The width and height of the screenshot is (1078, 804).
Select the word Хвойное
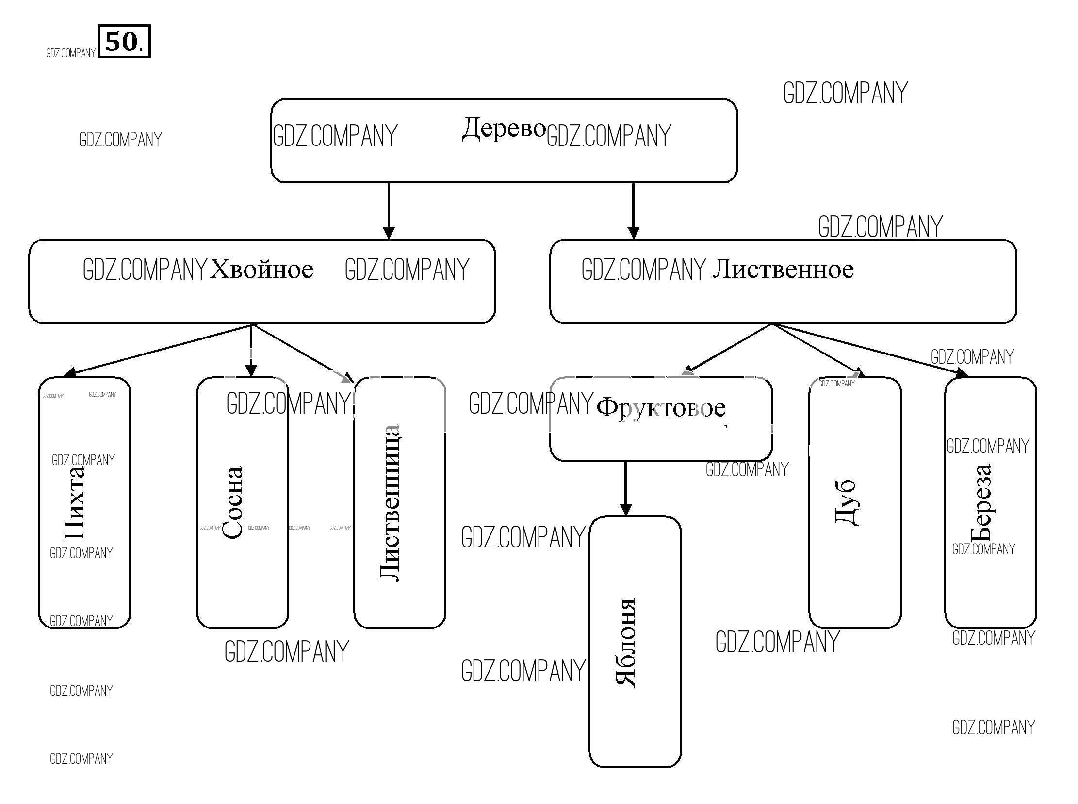click(x=261, y=269)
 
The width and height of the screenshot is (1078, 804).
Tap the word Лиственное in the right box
click(x=783, y=269)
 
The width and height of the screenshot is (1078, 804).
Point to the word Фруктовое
click(x=661, y=408)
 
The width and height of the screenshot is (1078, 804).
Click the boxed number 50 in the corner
click(x=124, y=42)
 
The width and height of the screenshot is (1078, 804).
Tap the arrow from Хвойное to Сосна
click(x=251, y=351)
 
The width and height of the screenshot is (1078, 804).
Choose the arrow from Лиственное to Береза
click(x=869, y=350)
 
